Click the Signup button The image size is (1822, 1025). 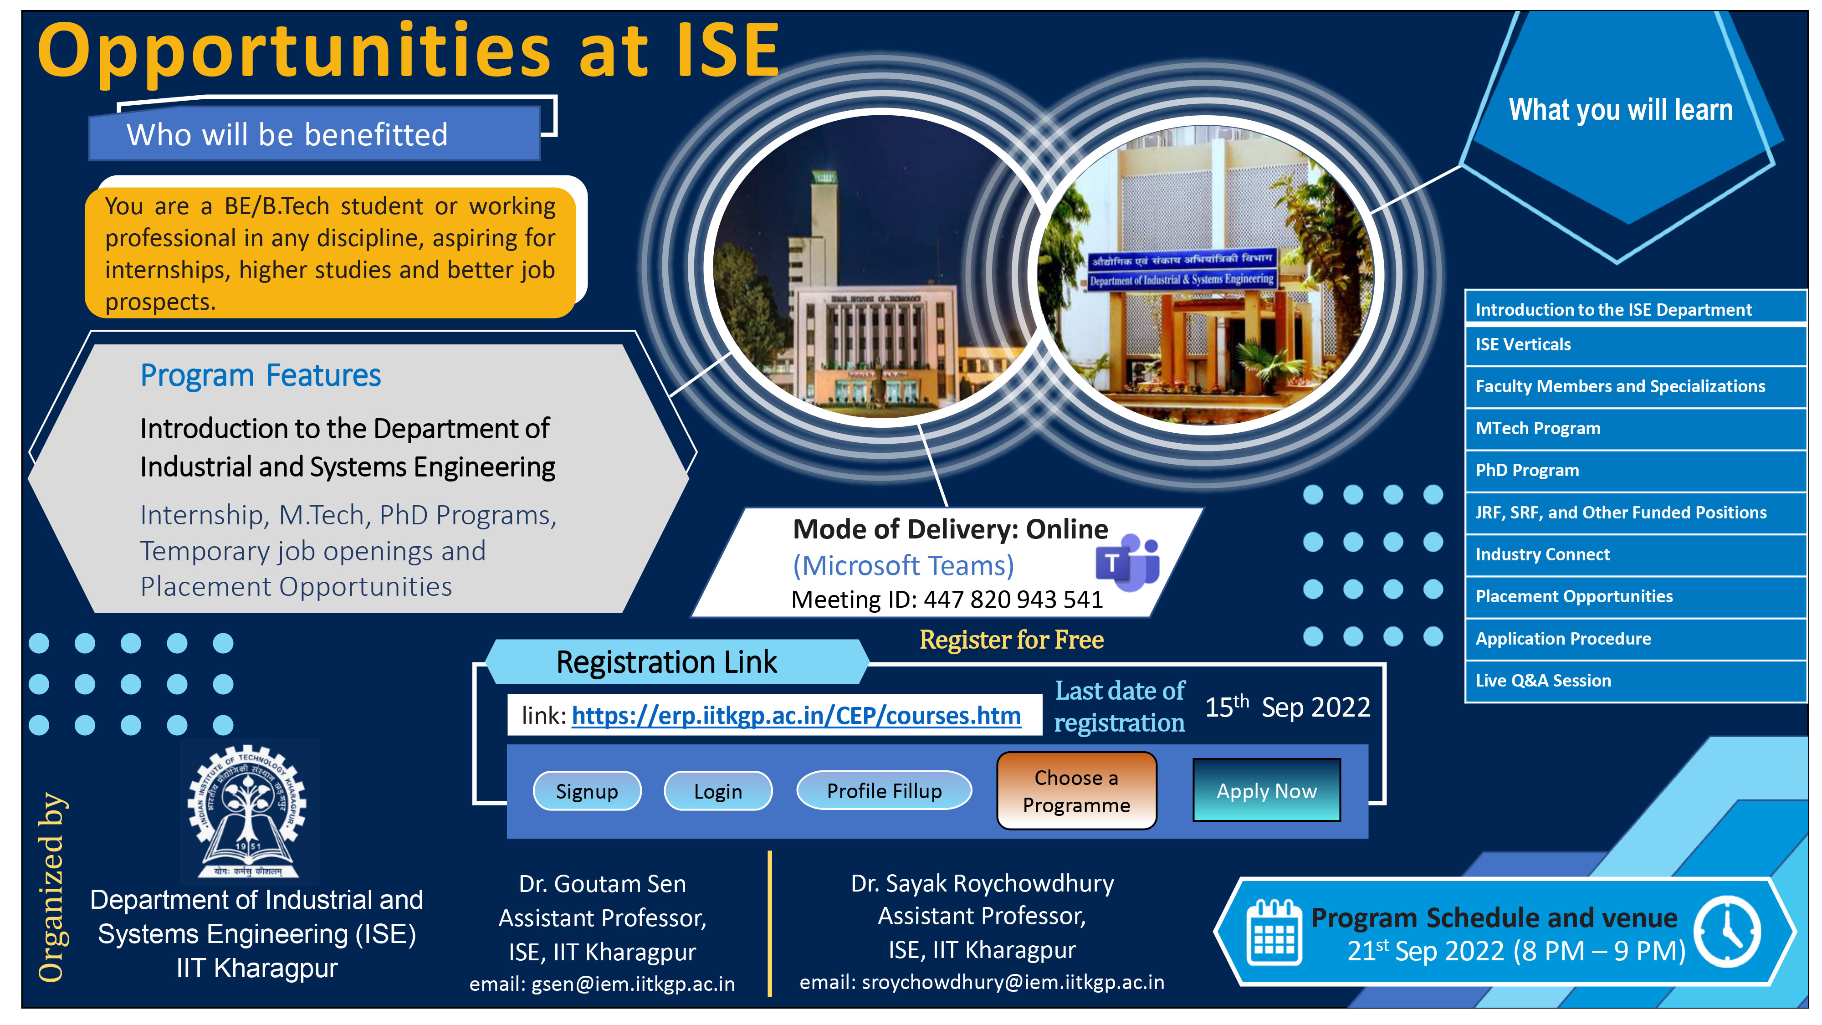(586, 791)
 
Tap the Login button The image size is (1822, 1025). (717, 791)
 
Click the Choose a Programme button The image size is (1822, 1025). (1076, 791)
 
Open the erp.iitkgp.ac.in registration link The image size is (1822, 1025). (796, 715)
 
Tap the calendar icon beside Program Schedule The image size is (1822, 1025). (1273, 933)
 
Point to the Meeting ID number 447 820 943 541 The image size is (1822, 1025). (1013, 600)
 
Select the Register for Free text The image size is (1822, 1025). (1011, 640)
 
